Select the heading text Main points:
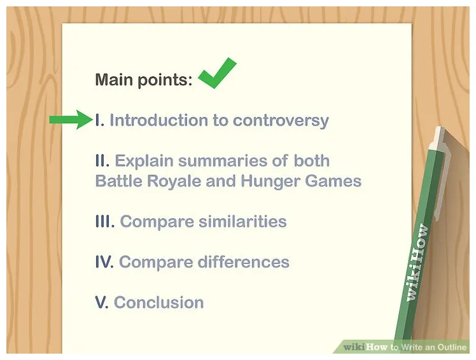pos(143,80)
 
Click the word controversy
pos(281,120)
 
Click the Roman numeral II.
pos(102,160)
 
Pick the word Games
pos(335,181)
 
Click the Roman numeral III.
pos(105,221)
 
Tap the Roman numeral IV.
pos(104,262)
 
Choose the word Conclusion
pos(158,302)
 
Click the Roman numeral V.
pos(101,302)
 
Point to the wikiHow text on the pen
pos(418,264)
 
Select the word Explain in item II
pos(143,160)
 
